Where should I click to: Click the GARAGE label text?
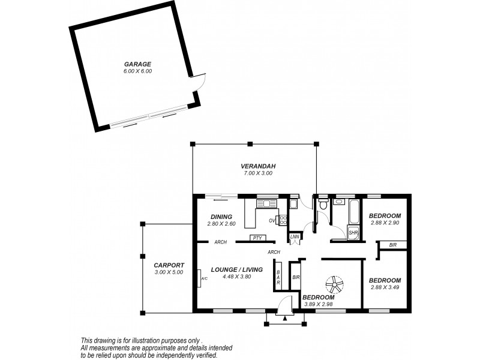[x=137, y=64]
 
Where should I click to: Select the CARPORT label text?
[x=169, y=265]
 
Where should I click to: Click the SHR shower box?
[x=353, y=232]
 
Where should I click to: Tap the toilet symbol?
[x=323, y=206]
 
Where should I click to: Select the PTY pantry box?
[x=257, y=238]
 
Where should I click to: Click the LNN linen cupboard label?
[x=294, y=237]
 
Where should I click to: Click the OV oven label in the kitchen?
[x=272, y=220]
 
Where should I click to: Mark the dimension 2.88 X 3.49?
[x=385, y=288]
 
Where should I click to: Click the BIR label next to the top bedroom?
[x=392, y=245]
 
